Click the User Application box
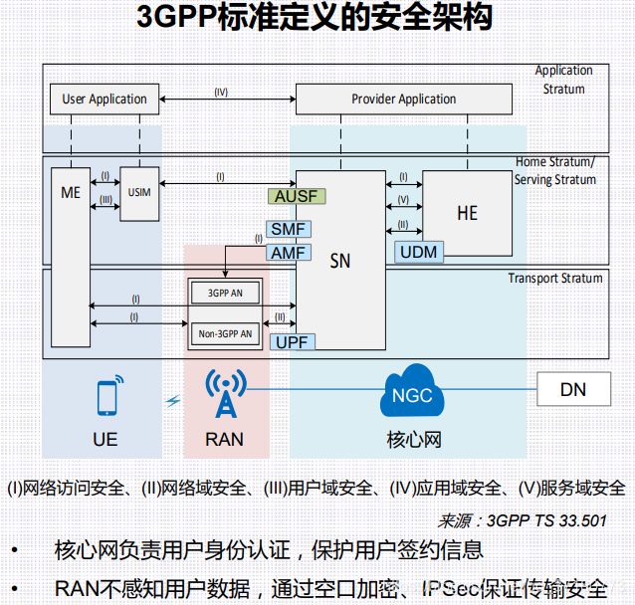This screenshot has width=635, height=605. coord(105,99)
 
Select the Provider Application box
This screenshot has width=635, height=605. coord(404,99)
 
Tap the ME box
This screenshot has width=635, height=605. coord(70,193)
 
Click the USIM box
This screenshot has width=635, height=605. coord(139,191)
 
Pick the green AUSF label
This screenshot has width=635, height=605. coord(296,196)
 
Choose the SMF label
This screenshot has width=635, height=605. coord(288,230)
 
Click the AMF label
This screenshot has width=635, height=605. coord(288,253)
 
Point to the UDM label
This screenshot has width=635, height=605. coord(418,252)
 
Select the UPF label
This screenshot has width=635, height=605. coord(293,341)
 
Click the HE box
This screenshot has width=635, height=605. coord(468,213)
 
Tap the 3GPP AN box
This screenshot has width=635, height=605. coord(226,294)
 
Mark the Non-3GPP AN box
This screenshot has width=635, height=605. coord(226,333)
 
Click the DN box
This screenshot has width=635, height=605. coord(573,390)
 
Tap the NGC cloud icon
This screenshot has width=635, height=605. coord(411,395)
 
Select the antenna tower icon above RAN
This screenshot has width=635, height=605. coord(226,394)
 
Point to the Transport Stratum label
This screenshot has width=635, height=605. coord(554,278)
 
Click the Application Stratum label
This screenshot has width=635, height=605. coord(563,80)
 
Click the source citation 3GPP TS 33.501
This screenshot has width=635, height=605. coord(522,519)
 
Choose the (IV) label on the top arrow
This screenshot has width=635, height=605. coord(221,92)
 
